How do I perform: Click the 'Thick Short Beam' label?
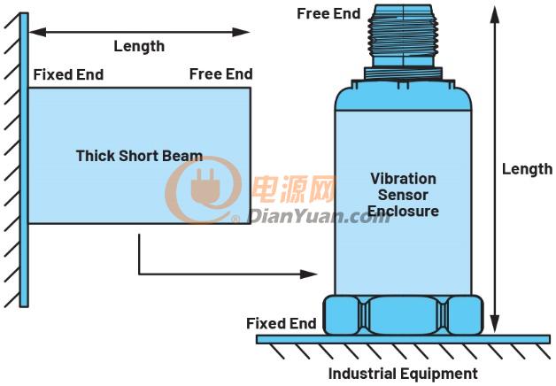(x=139, y=156)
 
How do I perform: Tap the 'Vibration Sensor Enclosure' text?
(x=403, y=195)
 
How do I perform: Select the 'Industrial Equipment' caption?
(x=403, y=374)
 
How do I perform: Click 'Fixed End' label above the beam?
(x=68, y=74)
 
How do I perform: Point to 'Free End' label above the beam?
(x=221, y=74)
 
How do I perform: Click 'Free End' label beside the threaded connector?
(x=328, y=14)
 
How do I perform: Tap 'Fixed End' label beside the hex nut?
(x=282, y=323)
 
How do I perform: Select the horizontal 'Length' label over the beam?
(x=139, y=46)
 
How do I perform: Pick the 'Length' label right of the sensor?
(x=528, y=169)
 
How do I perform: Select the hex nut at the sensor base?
(x=403, y=315)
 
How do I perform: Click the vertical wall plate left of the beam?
(x=24, y=159)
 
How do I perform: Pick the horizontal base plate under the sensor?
(x=403, y=339)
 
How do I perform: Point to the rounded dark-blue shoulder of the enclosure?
(x=403, y=97)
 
